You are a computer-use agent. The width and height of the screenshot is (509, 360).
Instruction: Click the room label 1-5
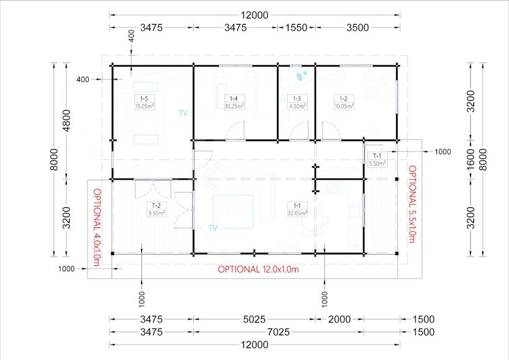tap(144, 99)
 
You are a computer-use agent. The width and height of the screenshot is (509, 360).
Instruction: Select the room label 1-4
tap(233, 99)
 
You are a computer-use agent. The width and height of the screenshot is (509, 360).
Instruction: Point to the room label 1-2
tap(343, 99)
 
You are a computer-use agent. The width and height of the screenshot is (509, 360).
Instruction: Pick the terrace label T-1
tap(377, 156)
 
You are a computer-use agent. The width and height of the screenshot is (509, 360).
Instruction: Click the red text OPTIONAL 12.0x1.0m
tap(258, 269)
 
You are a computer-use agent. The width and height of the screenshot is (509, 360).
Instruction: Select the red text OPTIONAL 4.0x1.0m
tap(97, 227)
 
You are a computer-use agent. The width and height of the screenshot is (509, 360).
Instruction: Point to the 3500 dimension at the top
tap(358, 27)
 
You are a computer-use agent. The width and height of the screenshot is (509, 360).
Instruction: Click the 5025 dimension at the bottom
tap(254, 319)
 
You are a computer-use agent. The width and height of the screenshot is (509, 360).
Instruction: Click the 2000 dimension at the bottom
tap(339, 319)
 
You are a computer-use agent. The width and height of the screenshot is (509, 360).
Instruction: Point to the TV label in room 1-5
tap(182, 113)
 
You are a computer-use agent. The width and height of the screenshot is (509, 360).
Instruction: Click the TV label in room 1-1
tap(213, 228)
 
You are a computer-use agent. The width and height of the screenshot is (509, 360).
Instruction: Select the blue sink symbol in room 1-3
tap(302, 77)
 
